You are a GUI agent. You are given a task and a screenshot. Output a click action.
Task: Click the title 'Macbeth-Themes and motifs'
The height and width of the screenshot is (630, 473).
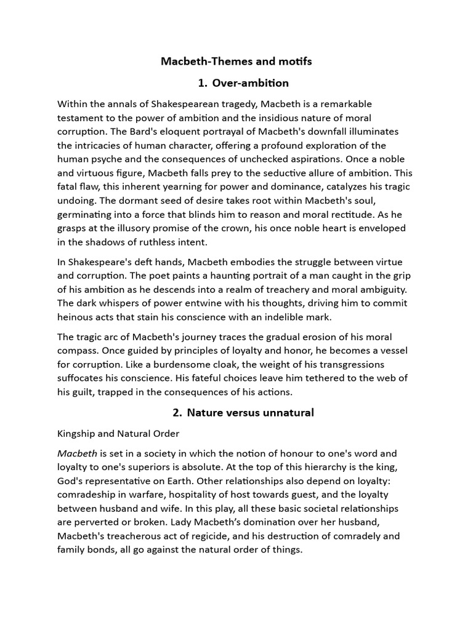tap(236, 62)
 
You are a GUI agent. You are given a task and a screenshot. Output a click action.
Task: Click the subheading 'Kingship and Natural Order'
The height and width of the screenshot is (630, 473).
tap(118, 434)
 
